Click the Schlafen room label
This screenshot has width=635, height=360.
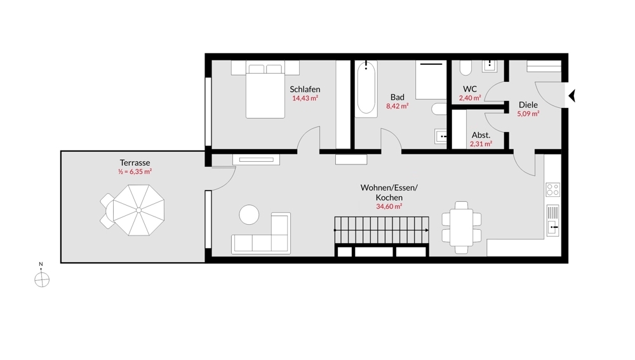coord(305,90)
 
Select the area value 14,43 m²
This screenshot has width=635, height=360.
coord(305,98)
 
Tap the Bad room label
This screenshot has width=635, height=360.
coord(398,97)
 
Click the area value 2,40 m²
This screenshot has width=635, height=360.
coord(470,98)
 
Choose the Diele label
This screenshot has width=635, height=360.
coord(528,105)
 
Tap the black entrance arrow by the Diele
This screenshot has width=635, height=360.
coord(571,95)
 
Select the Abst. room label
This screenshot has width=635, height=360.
coord(481,135)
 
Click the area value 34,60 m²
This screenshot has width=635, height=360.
coord(389,206)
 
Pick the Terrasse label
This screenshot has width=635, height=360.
coord(135,163)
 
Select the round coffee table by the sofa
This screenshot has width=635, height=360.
coord(249,215)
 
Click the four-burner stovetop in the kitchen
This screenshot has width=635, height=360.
coord(552,189)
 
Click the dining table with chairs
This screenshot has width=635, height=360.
coord(462,227)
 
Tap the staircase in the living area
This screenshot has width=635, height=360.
coord(381,230)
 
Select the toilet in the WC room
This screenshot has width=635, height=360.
coord(465,67)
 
